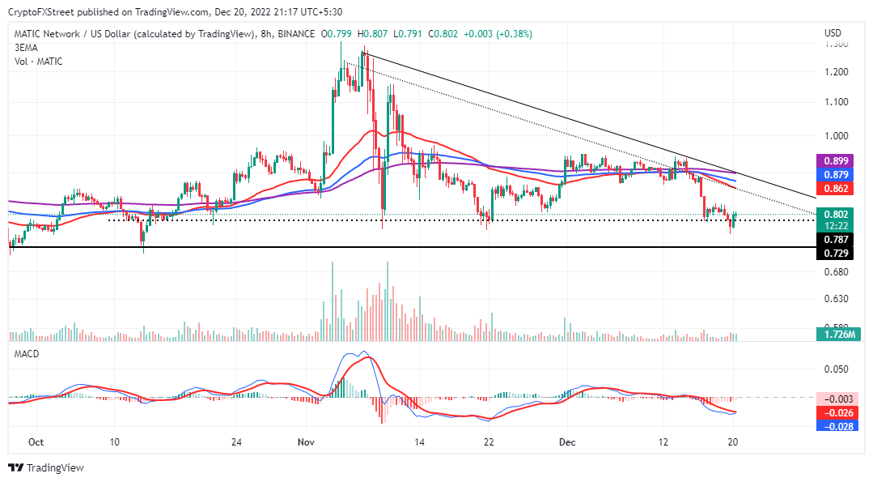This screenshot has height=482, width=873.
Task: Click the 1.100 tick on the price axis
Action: click(836, 102)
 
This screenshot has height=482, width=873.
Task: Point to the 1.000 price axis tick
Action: click(836, 136)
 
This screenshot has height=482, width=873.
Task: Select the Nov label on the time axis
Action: click(306, 442)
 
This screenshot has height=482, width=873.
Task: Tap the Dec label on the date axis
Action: click(567, 442)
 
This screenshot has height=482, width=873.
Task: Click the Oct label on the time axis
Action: click(35, 442)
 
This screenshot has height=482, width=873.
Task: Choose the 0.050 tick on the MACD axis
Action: click(836, 369)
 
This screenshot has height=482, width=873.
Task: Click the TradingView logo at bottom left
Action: click(46, 467)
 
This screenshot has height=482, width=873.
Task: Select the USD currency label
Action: click(833, 33)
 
